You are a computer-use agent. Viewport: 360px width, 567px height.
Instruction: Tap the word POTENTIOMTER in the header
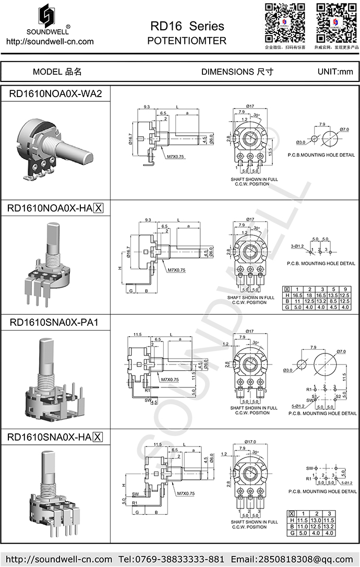tap(187, 41)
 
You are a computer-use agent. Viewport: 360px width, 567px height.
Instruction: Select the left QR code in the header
tap(284, 22)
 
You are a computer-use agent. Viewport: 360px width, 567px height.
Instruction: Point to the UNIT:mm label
tap(335, 72)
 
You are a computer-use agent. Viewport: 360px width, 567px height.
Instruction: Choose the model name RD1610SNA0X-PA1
tap(55, 323)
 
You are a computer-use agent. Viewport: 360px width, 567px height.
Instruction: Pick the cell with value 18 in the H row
tap(309, 295)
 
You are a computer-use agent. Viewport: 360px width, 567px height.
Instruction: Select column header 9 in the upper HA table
tap(344, 289)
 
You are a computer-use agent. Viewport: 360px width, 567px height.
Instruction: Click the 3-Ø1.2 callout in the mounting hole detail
tap(299, 245)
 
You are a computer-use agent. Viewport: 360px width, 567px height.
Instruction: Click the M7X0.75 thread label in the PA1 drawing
tap(170, 380)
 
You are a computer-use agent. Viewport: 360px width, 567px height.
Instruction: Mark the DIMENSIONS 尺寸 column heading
tap(237, 72)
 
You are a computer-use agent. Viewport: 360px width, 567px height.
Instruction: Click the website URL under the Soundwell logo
tap(50, 42)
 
